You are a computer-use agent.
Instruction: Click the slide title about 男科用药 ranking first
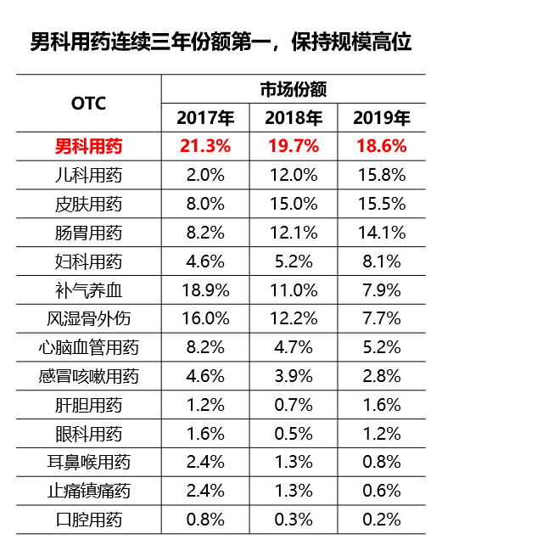pos(221,41)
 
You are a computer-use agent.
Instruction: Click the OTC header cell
pos(88,104)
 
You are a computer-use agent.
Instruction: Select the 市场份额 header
pos(294,89)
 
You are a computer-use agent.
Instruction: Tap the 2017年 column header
pos(205,118)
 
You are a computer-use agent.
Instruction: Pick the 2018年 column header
pos(294,118)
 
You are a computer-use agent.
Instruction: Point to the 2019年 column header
pos(381,118)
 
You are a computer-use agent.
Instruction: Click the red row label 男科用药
pos(88,146)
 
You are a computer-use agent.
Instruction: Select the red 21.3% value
pos(205,146)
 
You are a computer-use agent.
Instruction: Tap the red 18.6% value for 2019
pos(381,146)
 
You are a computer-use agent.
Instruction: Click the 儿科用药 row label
pos(88,175)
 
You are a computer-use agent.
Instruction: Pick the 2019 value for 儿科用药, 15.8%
pos(381,175)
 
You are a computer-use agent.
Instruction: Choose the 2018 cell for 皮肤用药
pos(294,204)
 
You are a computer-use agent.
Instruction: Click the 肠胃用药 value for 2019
pos(381,233)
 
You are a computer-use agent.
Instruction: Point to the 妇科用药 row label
pos(88,261)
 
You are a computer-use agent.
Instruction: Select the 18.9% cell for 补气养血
pos(205,290)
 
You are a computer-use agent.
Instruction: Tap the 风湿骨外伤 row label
pos(88,319)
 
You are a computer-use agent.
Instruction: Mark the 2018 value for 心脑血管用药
pos(294,347)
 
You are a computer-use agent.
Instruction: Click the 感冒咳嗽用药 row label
pos(88,376)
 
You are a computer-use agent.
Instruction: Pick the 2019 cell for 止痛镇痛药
pos(381,491)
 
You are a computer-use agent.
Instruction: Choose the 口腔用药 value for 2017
pos(205,520)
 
